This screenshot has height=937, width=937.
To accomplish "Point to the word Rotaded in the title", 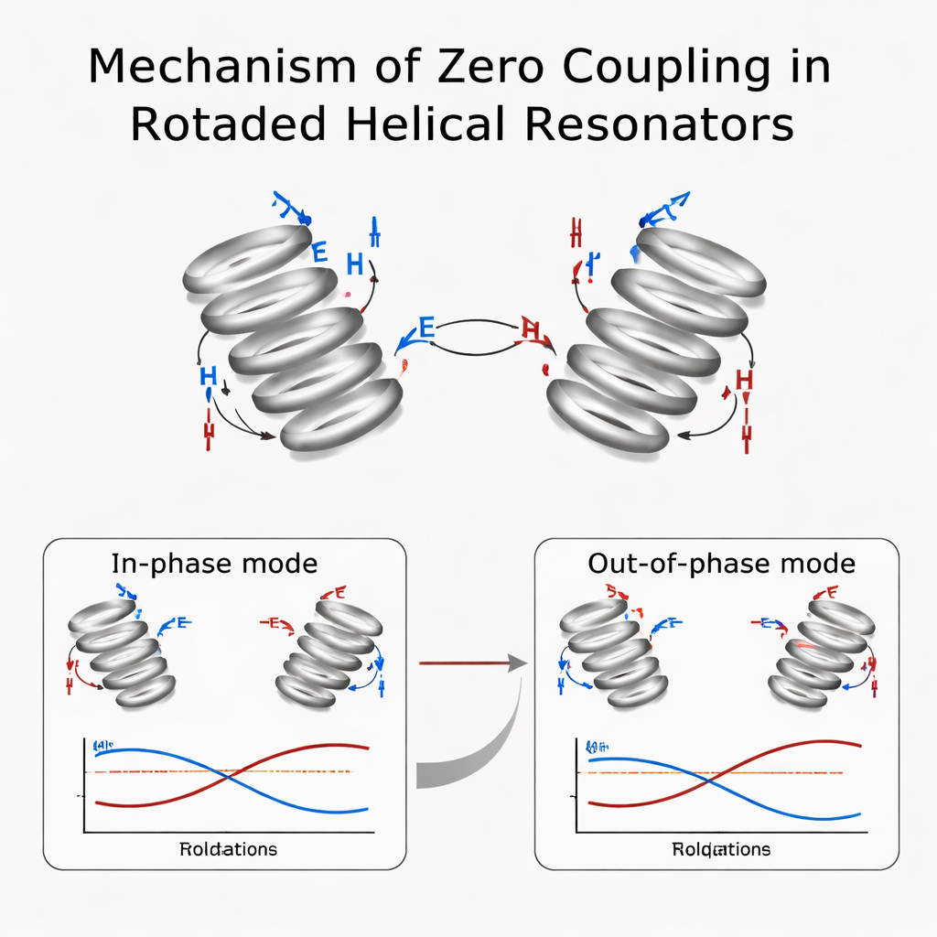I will click(x=225, y=124).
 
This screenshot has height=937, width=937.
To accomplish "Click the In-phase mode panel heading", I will click(x=214, y=563).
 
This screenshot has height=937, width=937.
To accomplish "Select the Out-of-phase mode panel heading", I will click(x=721, y=563).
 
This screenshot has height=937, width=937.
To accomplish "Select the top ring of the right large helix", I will click(x=700, y=262).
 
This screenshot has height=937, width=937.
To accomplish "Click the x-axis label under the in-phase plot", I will click(x=228, y=849).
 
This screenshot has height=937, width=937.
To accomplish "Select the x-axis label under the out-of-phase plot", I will click(x=721, y=849).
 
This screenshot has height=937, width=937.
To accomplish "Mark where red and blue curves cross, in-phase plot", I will click(x=229, y=773).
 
